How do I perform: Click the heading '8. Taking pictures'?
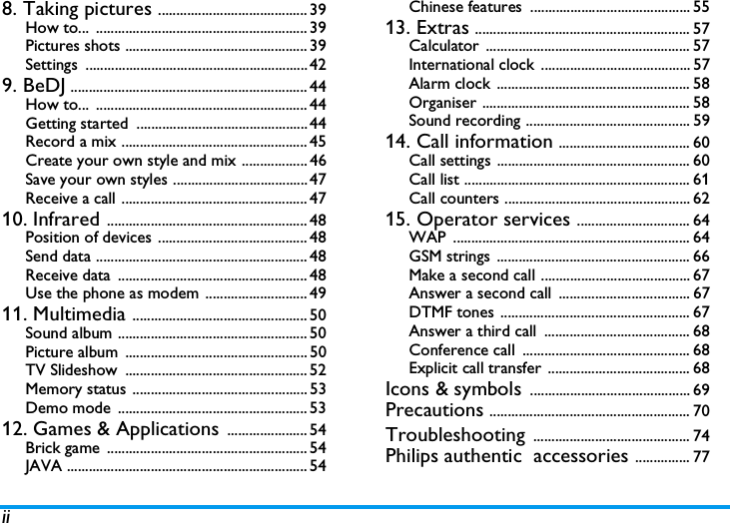pos(78,10)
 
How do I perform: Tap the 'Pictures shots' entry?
pos(73,46)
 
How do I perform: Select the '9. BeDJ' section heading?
pos(33,86)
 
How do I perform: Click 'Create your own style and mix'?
pos(131,160)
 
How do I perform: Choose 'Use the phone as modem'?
pos(112,293)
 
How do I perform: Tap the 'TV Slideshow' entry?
pos(71,370)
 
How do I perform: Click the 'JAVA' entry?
pos(45,466)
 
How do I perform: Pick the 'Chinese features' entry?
pos(465,8)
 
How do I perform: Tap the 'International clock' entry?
pos(471,65)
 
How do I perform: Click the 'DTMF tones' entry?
pos(451,312)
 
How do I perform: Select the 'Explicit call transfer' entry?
pos(475,368)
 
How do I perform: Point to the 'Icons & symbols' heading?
pos(452,389)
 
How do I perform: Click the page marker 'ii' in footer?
pos(6,516)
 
